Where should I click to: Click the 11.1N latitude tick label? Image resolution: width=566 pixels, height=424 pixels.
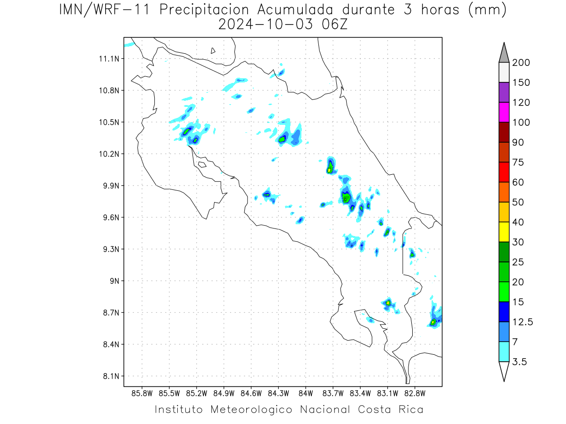109,59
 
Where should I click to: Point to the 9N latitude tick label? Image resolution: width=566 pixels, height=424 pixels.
115,281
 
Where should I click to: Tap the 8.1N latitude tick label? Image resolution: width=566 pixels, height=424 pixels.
111,376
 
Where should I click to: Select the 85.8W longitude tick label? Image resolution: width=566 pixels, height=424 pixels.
142,394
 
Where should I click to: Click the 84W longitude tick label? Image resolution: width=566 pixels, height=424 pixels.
306,394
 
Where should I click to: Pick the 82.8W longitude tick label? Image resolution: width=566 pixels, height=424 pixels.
415,394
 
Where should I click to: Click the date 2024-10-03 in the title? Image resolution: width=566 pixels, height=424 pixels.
266,24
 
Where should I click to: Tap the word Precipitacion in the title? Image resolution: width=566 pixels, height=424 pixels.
204,10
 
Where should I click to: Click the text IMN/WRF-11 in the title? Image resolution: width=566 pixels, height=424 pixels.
104,10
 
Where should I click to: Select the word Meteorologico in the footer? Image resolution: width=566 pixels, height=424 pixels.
251,409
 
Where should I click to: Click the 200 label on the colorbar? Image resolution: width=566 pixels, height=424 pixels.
521,63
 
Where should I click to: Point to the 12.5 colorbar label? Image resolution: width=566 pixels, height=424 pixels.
523,322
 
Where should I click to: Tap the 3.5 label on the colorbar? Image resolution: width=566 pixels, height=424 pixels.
519,362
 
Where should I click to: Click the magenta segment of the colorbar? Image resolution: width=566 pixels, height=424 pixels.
504,112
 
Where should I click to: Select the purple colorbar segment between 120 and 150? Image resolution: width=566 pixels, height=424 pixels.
504,92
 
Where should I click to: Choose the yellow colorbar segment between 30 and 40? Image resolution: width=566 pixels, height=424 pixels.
504,232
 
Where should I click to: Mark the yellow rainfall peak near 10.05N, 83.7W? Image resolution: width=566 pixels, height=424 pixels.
329,170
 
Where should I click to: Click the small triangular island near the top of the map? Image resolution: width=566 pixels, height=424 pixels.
213,51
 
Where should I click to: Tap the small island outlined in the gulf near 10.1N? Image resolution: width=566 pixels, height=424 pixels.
202,164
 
